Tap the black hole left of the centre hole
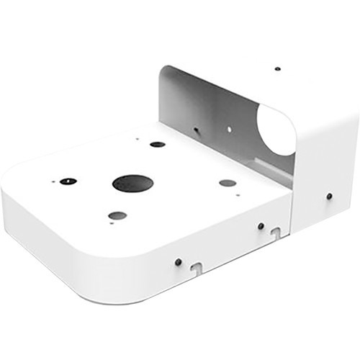click(x=68, y=181)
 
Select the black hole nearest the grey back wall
click(x=158, y=144)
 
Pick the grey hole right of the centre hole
click(x=228, y=183)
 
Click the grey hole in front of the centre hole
click(x=117, y=215)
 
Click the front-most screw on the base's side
click(x=178, y=261)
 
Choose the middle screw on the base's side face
click(x=261, y=225)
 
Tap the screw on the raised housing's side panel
click(x=329, y=196)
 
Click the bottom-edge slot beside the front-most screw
click(x=195, y=269)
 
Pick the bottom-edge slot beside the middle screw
click(x=275, y=232)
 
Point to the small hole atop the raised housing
click(x=278, y=69)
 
